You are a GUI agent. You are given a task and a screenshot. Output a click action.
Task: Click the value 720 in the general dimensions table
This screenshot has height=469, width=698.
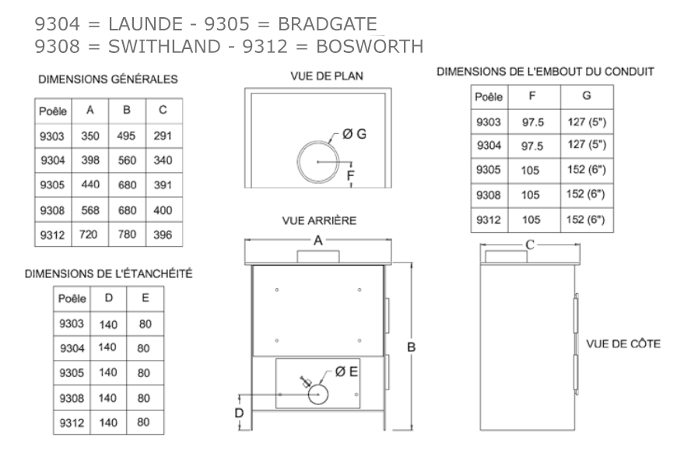(88, 235)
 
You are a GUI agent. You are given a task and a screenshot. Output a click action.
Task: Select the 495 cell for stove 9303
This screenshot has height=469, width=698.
(126, 136)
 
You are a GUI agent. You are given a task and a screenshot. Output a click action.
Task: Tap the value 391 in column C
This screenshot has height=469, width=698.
(163, 185)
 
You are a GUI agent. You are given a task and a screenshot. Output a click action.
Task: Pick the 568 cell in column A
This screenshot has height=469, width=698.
(90, 210)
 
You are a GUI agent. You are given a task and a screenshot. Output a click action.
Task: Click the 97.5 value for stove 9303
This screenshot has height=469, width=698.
(533, 122)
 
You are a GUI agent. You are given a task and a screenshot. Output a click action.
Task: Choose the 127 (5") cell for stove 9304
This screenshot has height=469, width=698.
(587, 144)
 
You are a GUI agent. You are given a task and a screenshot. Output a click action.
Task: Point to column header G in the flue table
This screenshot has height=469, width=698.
(587, 95)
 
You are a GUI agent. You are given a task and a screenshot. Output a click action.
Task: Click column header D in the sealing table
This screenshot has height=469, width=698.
(109, 298)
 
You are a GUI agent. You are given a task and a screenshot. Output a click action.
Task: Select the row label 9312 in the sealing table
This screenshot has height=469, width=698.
(72, 422)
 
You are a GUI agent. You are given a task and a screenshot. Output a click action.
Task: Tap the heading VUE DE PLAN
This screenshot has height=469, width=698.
(327, 76)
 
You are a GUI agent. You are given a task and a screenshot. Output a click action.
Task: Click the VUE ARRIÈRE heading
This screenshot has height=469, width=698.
(319, 220)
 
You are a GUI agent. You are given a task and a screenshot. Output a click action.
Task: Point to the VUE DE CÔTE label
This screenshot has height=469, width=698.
(623, 344)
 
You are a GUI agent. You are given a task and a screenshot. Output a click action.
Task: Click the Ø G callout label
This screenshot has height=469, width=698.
(354, 134)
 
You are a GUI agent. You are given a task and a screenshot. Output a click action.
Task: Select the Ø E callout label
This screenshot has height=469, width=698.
(346, 372)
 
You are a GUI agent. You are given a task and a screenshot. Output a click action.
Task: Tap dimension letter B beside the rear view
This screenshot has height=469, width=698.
(412, 347)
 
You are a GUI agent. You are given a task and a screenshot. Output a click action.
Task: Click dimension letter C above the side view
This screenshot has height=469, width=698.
(530, 245)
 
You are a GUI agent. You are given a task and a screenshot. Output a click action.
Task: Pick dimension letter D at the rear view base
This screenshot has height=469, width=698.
(239, 413)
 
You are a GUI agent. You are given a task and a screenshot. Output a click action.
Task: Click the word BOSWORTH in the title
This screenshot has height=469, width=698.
(370, 47)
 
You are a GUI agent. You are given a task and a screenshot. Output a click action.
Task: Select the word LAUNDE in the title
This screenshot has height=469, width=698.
(146, 24)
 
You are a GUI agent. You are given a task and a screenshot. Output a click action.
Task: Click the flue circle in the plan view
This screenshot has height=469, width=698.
(298, 162)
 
